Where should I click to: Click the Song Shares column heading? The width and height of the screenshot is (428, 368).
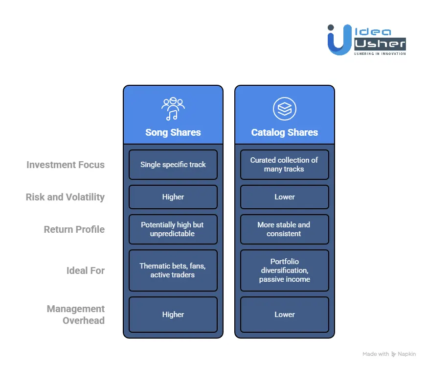(173, 132)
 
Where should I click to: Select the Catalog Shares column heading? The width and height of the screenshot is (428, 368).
(284, 132)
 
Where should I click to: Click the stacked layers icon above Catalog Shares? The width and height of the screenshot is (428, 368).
(284, 108)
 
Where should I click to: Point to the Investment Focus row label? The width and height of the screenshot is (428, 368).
(66, 165)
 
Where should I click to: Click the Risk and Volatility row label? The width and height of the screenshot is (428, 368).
(66, 197)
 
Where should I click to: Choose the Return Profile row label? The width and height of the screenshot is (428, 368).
(74, 229)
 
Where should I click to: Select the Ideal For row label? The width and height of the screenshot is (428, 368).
(86, 270)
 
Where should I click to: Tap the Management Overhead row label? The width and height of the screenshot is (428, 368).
(76, 315)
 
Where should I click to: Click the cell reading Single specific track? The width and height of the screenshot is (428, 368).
(173, 165)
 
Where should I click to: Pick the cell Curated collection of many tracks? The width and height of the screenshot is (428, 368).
(284, 165)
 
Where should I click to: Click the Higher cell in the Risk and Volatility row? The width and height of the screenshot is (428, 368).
(173, 197)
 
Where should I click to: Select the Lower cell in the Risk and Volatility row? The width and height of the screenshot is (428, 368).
(284, 197)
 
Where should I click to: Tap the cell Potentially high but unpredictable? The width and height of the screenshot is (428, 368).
(173, 229)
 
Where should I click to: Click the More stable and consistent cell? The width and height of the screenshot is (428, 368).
(284, 229)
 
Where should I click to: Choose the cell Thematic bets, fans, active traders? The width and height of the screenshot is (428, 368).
(173, 270)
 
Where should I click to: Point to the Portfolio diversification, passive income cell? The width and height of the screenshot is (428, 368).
(284, 270)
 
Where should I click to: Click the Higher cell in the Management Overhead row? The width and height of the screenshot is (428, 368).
(173, 315)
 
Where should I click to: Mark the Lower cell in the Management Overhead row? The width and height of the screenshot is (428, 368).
(284, 315)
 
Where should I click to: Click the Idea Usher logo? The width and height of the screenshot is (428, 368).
(366, 40)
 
